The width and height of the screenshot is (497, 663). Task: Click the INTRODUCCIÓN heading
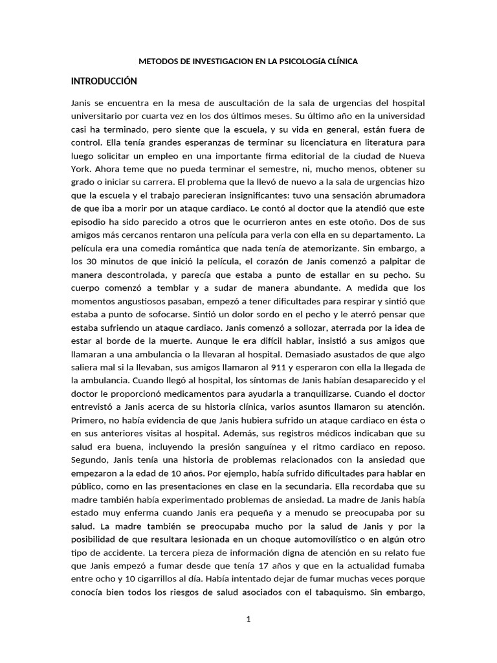click(x=104, y=81)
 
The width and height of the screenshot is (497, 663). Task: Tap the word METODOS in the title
click(x=160, y=62)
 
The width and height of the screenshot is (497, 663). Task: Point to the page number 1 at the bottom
click(x=248, y=620)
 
